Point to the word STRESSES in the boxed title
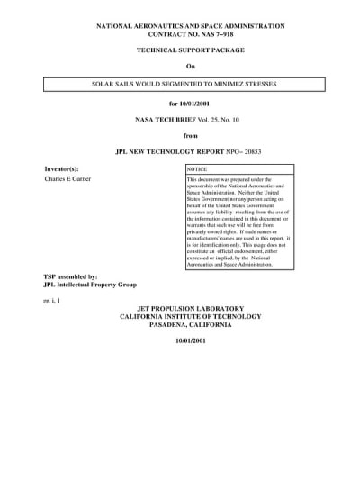(x=258, y=83)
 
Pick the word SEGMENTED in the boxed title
(x=176, y=83)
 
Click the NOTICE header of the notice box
(x=196, y=168)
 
